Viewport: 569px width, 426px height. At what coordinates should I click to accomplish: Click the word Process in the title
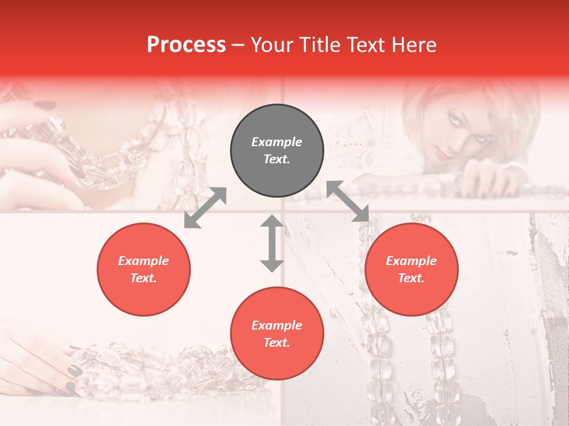186,45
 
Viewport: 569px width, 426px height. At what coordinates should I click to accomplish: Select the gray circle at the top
277,151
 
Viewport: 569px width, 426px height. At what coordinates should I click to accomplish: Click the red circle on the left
143,269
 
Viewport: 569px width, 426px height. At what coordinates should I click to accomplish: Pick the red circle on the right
411,269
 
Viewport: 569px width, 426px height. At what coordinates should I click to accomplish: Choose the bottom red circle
277,334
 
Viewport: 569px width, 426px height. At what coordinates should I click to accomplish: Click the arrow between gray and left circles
205,208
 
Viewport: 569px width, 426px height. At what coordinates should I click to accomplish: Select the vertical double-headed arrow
272,243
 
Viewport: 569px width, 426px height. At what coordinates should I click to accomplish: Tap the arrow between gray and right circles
348,202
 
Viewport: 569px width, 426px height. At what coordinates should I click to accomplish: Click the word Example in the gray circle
277,142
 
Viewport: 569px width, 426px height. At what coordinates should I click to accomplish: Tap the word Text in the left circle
143,278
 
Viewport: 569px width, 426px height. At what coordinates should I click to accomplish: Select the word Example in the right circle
411,261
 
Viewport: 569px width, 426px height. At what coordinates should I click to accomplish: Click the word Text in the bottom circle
277,343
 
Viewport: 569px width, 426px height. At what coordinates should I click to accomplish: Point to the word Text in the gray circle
277,159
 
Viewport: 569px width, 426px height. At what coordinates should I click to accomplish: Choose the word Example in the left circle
143,261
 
